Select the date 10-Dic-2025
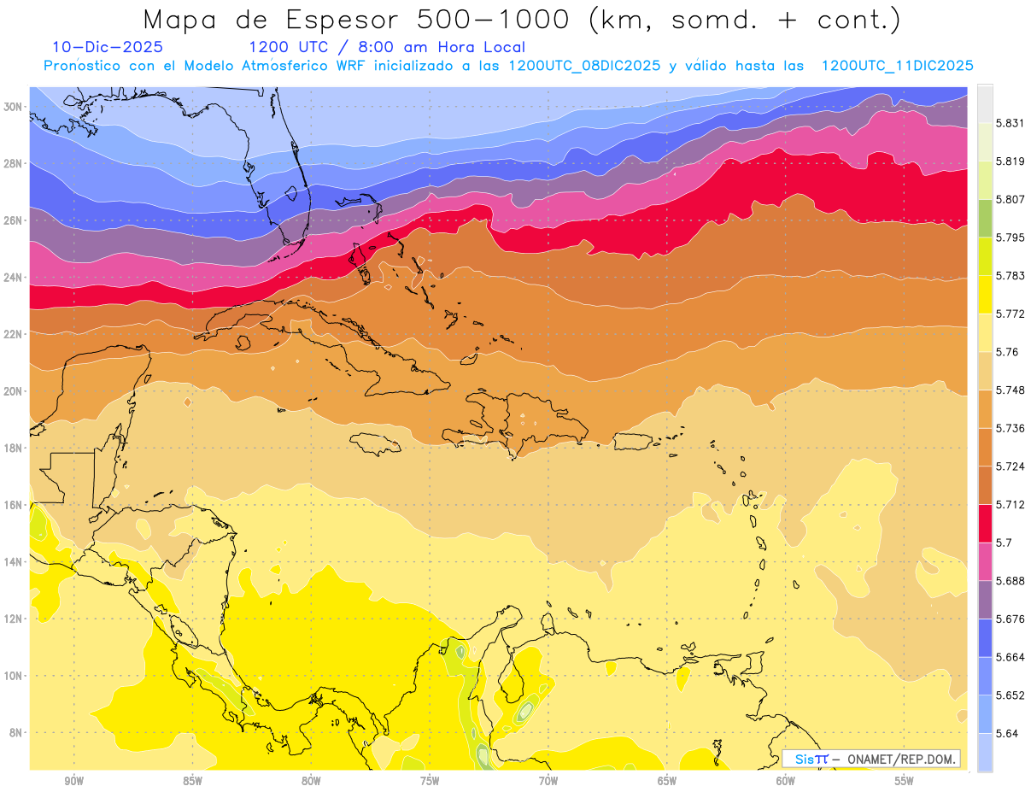[108, 47]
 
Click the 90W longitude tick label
[74, 781]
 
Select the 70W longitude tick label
[548, 781]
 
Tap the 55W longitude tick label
[905, 781]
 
